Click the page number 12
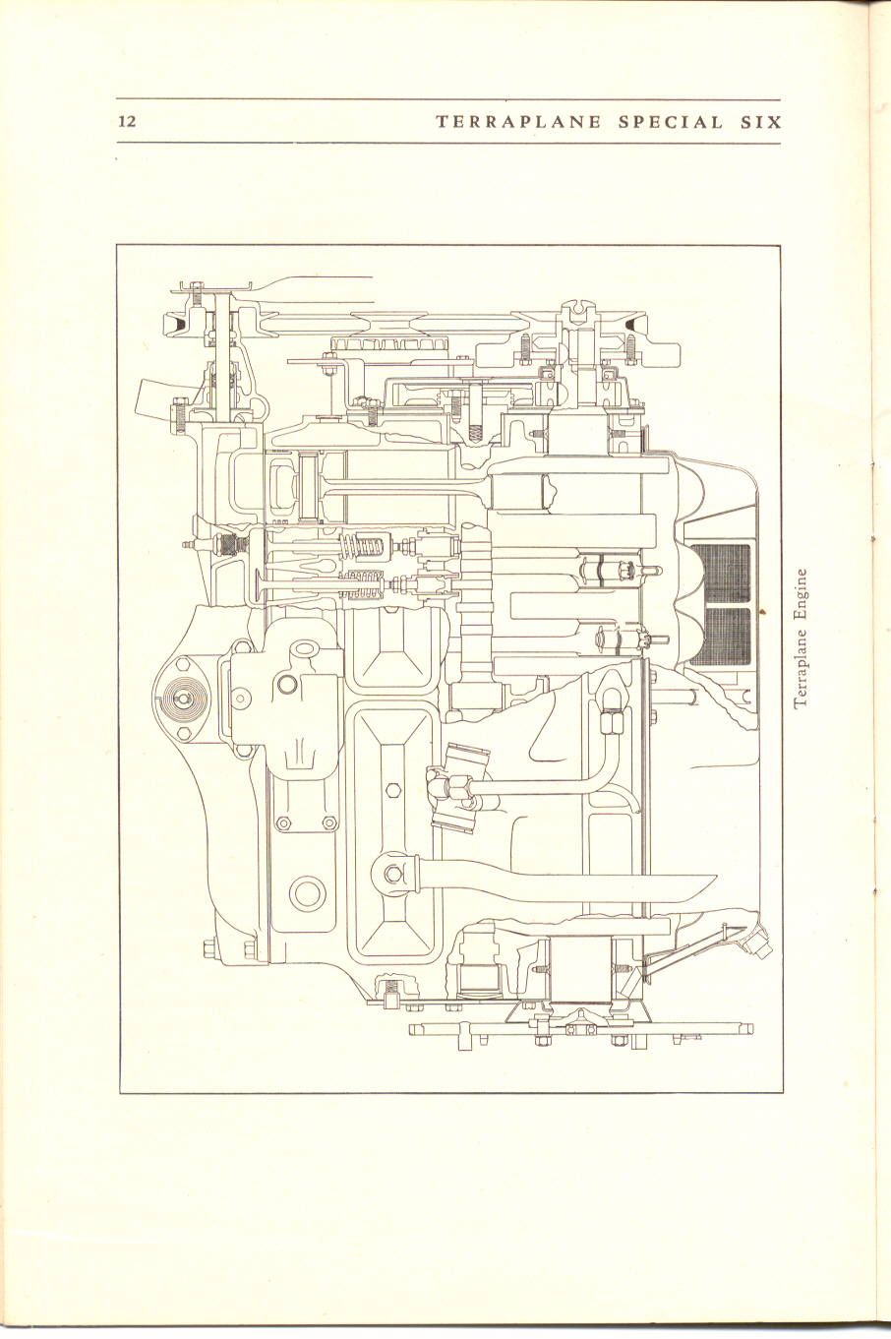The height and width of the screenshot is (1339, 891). (x=127, y=122)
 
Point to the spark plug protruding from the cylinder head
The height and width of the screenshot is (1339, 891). (x=198, y=544)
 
